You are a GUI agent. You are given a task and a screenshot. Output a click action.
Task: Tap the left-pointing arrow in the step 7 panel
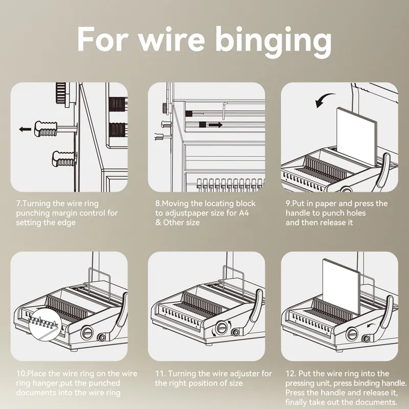[x=25, y=130]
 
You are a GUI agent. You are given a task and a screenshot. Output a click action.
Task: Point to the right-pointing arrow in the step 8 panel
[x=215, y=124]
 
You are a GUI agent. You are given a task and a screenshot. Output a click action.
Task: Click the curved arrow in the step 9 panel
[x=324, y=100]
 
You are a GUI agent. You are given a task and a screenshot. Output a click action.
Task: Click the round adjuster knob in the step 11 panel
[x=221, y=328]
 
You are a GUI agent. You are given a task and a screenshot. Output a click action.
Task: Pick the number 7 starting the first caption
[x=18, y=203]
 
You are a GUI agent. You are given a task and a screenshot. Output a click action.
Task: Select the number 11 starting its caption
[x=159, y=374]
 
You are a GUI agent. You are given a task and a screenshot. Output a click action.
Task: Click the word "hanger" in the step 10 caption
[x=43, y=383]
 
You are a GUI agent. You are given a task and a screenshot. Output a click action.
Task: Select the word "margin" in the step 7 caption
[x=60, y=213]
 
